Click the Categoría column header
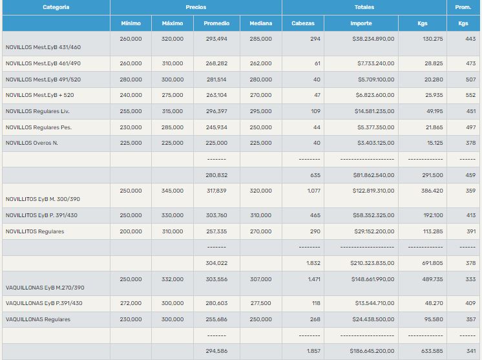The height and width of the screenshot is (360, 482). (x=56, y=7)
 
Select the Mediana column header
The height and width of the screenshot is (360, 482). (x=261, y=23)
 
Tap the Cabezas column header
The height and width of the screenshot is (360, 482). (x=303, y=23)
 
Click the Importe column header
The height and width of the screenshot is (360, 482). (x=361, y=23)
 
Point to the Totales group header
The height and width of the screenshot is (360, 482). (x=364, y=7)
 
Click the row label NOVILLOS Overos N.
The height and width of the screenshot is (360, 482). (x=32, y=143)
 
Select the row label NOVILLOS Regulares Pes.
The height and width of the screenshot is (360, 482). (x=38, y=127)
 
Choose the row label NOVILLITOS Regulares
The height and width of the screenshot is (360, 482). (x=34, y=231)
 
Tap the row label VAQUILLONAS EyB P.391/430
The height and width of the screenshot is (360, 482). (x=43, y=303)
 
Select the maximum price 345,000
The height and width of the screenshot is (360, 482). (x=173, y=191)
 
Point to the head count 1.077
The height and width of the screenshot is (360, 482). (x=312, y=191)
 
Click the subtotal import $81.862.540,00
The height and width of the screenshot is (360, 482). (x=373, y=175)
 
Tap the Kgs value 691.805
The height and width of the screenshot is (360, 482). (x=432, y=263)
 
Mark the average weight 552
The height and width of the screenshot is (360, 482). (x=470, y=96)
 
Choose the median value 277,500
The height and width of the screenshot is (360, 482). (x=261, y=303)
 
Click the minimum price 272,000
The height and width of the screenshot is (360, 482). (x=131, y=303)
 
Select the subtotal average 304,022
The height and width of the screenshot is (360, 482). (x=216, y=263)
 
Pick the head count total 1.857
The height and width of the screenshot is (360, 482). (x=312, y=351)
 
